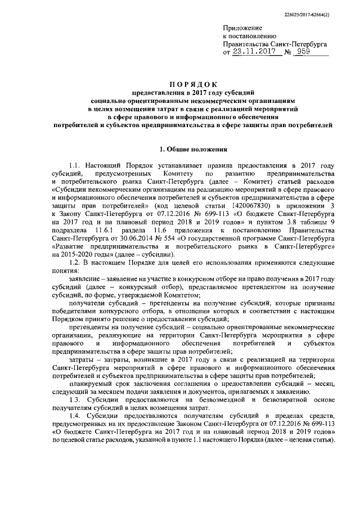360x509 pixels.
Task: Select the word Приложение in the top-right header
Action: pyautogui.click(x=242, y=28)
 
